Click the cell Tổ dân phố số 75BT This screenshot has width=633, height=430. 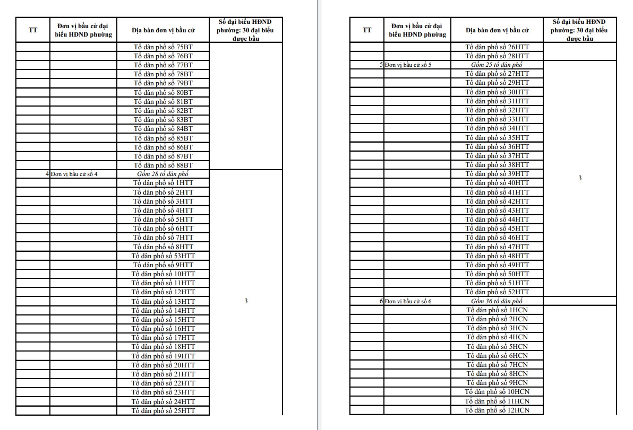pyautogui.click(x=163, y=47)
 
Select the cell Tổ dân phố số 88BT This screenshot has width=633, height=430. pyautogui.click(x=163, y=165)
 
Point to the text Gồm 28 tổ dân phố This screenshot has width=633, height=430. pyautogui.click(x=163, y=174)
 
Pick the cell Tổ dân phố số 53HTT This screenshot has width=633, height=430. pyautogui.click(x=163, y=256)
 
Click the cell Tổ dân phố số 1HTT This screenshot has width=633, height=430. pyautogui.click(x=163, y=183)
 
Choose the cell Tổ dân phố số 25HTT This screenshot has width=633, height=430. pyautogui.click(x=163, y=411)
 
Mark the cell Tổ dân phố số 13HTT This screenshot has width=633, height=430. pyautogui.click(x=163, y=302)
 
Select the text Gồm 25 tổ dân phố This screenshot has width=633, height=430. pyautogui.click(x=497, y=65)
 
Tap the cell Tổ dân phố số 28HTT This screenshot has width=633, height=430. pyautogui.click(x=497, y=56)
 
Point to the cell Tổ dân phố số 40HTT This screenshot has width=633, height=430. pyautogui.click(x=497, y=183)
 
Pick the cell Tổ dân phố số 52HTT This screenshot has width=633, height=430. pyautogui.click(x=497, y=292)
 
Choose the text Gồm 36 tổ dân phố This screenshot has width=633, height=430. pyautogui.click(x=497, y=301)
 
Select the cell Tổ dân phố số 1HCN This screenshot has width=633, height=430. pyautogui.click(x=497, y=310)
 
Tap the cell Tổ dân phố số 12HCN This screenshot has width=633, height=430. pyautogui.click(x=497, y=410)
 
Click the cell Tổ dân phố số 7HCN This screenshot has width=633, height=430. pyautogui.click(x=497, y=365)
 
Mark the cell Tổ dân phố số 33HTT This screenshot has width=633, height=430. pyautogui.click(x=497, y=119)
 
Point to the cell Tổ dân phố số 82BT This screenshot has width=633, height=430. pyautogui.click(x=163, y=111)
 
